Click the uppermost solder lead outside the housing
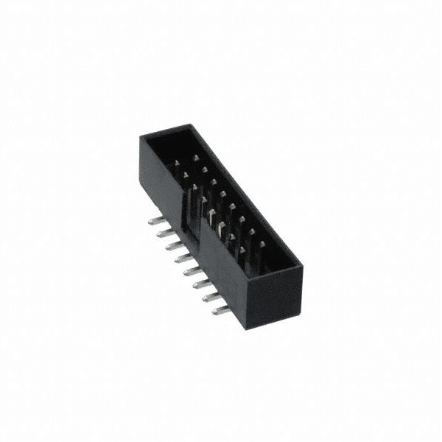pyautogui.click(x=154, y=220)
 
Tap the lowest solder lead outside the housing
pyautogui.click(x=220, y=311)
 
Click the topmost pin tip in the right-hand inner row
pyautogui.click(x=196, y=158)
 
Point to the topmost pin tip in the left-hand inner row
pyautogui.click(x=178, y=166)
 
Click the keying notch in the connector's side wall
pyautogui.click(x=193, y=214)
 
